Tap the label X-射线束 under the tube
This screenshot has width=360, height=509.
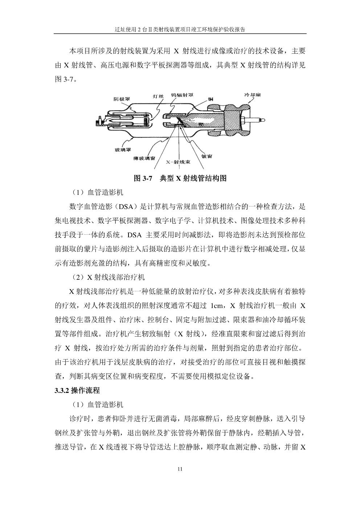coord(178,162)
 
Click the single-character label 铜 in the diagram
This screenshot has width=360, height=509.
coord(210,98)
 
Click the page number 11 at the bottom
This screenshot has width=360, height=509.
coord(180,469)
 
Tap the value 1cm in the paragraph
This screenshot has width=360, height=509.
coord(217,305)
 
